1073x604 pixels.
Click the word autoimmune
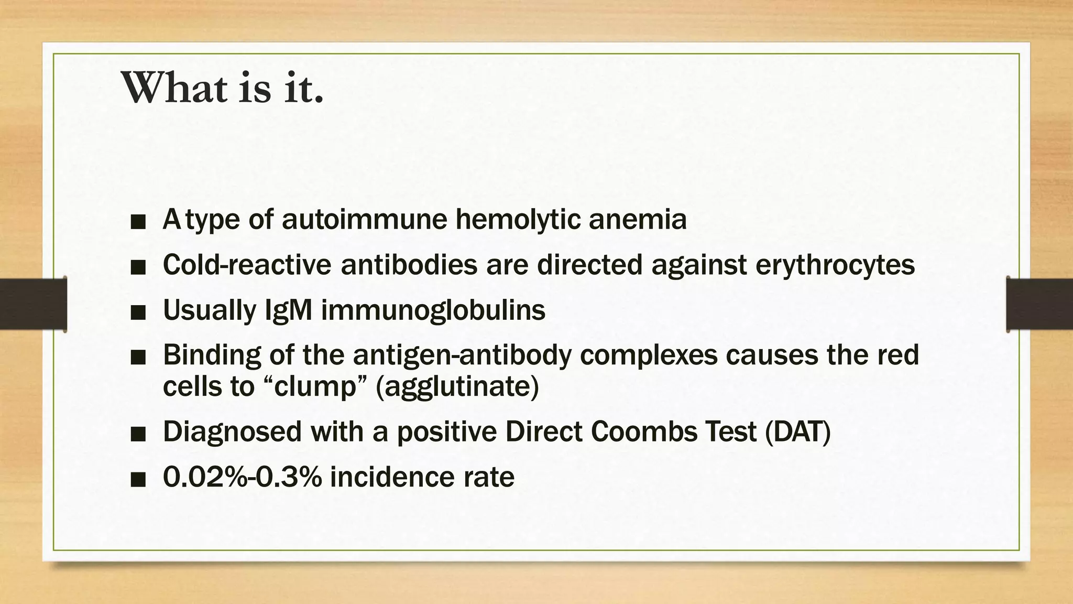(364, 219)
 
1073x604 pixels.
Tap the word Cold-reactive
(247, 264)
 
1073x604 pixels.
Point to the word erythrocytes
(835, 264)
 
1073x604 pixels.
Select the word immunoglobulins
(433, 310)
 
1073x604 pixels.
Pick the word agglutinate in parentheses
(457, 387)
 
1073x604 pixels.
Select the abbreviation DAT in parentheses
(797, 432)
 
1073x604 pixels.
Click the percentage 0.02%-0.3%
(242, 477)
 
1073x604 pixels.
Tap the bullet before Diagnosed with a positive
(138, 435)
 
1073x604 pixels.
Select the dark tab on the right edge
(1039, 304)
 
